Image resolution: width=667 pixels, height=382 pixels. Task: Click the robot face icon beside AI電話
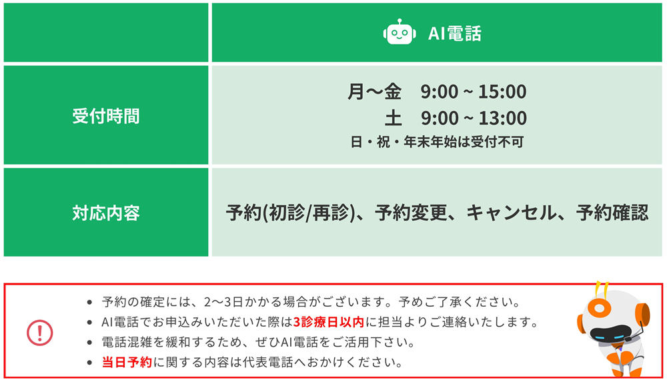(400, 32)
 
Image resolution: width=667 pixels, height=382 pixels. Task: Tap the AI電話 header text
(455, 33)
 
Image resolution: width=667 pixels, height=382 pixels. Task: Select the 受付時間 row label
(106, 116)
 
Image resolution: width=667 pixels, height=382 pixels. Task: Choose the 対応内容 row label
(106, 213)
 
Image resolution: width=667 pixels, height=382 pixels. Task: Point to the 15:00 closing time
(502, 92)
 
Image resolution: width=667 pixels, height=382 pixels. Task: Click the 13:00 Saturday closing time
(503, 118)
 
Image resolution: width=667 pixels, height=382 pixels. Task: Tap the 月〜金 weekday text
(374, 91)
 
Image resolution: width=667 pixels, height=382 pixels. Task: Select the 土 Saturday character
(393, 118)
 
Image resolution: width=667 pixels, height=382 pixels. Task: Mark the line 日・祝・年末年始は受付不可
(437, 141)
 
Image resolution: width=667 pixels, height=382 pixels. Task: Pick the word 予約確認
(612, 213)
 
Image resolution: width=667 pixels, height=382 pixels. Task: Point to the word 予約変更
(411, 213)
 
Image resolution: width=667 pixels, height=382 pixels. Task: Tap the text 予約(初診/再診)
(291, 213)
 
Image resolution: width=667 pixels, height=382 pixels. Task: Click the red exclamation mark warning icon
(40, 333)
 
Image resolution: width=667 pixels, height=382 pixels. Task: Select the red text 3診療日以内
(329, 322)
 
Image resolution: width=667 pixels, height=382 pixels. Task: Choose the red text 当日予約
(127, 363)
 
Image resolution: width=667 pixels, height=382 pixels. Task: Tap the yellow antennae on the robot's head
(602, 287)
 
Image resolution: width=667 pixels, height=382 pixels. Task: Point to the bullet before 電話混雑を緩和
(89, 343)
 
